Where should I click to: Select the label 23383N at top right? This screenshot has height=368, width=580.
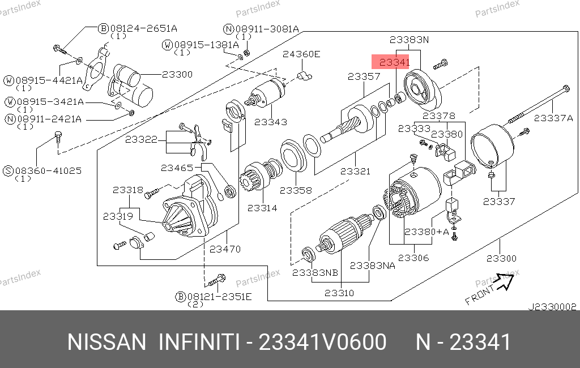click(x=410, y=40)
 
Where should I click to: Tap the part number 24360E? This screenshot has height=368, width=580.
click(x=301, y=54)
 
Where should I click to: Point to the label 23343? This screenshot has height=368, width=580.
click(x=270, y=122)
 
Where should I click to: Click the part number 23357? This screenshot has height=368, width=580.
click(x=364, y=76)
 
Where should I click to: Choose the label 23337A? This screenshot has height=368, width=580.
click(x=554, y=118)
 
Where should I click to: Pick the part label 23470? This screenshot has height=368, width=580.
click(x=225, y=249)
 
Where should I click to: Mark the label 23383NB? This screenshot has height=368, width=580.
click(x=315, y=272)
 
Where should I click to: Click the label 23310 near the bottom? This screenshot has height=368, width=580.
click(x=339, y=293)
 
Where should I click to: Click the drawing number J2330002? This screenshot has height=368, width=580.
click(x=552, y=307)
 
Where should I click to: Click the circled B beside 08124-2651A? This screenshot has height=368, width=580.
click(x=104, y=28)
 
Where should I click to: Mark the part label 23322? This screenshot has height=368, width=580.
click(x=141, y=139)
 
